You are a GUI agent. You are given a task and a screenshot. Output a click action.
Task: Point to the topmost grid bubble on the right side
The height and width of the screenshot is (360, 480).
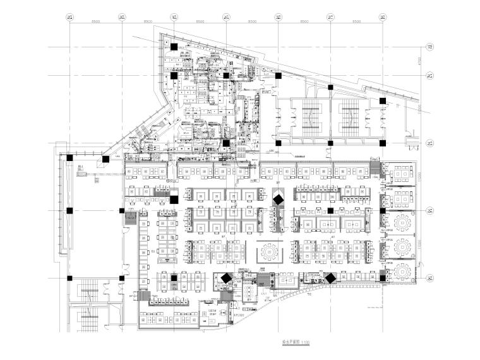click(429, 46)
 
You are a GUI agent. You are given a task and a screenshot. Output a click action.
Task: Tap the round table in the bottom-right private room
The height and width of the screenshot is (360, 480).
click(402, 272)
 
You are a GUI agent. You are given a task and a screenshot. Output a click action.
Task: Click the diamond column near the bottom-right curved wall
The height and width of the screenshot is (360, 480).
click(329, 277)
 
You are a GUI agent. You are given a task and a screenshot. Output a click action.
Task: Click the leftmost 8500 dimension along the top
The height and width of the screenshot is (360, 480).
click(95, 22)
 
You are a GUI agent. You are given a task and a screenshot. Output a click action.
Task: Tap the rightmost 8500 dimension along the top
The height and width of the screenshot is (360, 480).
click(356, 22)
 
